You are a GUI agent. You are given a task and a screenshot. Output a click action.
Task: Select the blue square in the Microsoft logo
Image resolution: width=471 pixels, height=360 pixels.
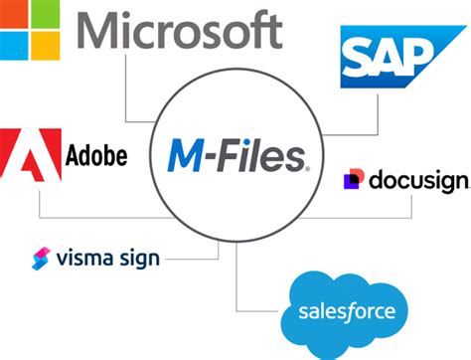(x=14, y=47)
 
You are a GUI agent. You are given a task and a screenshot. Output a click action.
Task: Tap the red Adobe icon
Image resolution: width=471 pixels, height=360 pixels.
(x=29, y=158)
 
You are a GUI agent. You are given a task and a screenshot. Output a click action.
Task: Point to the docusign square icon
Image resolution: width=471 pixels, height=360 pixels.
(x=352, y=180)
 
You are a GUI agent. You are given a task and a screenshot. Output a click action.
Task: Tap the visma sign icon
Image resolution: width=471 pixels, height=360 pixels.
(x=42, y=259)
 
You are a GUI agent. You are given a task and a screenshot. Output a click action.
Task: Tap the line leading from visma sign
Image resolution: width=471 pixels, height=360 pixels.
(x=189, y=260)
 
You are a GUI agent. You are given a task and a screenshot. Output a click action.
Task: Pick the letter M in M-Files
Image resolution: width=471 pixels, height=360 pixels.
(x=190, y=155)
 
